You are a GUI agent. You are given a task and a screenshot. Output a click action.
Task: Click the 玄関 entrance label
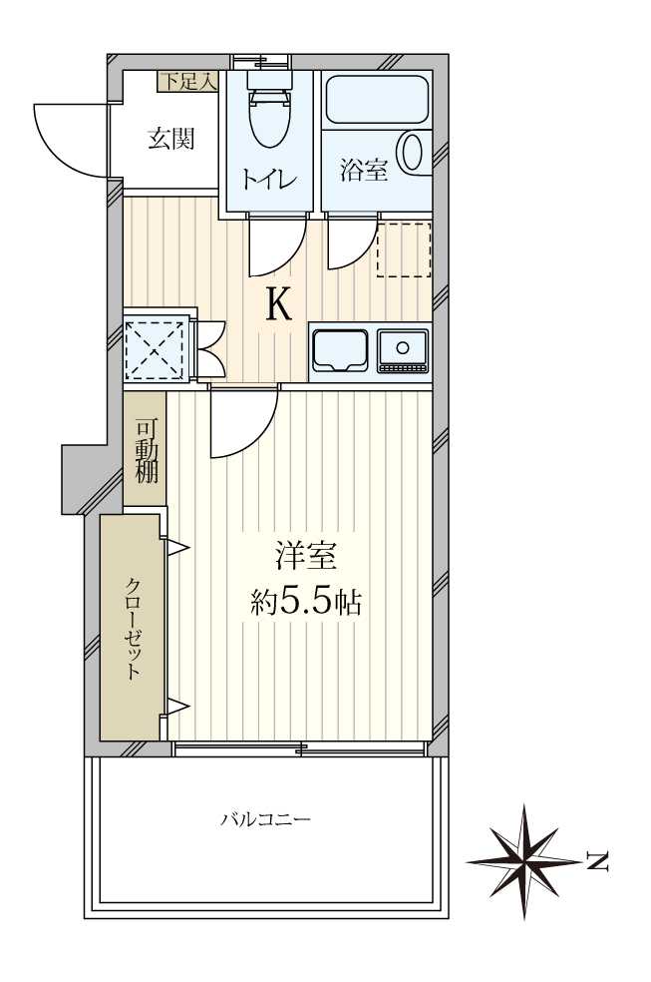(x=170, y=139)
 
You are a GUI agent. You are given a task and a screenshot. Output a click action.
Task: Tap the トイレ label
(x=269, y=179)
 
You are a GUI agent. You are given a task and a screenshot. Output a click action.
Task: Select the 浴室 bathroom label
(x=364, y=170)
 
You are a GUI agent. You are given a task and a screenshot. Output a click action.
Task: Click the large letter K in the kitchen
(x=278, y=304)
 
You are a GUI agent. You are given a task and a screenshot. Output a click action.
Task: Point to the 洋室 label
(x=306, y=556)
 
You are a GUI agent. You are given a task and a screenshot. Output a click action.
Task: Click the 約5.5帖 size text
(x=306, y=603)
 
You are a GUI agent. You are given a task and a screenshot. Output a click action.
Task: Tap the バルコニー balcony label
(x=266, y=819)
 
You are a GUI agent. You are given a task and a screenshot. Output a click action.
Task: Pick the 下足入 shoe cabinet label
(x=187, y=81)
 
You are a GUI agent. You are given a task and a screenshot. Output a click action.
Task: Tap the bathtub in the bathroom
(x=378, y=100)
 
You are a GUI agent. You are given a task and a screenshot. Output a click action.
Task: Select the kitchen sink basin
(x=340, y=351)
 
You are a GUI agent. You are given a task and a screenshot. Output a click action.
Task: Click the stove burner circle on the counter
(x=404, y=347)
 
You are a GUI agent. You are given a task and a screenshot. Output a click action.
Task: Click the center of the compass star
(x=524, y=862)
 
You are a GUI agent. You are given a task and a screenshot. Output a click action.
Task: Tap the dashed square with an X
(x=157, y=350)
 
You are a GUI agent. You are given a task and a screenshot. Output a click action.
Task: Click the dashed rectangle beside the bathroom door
(x=404, y=249)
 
